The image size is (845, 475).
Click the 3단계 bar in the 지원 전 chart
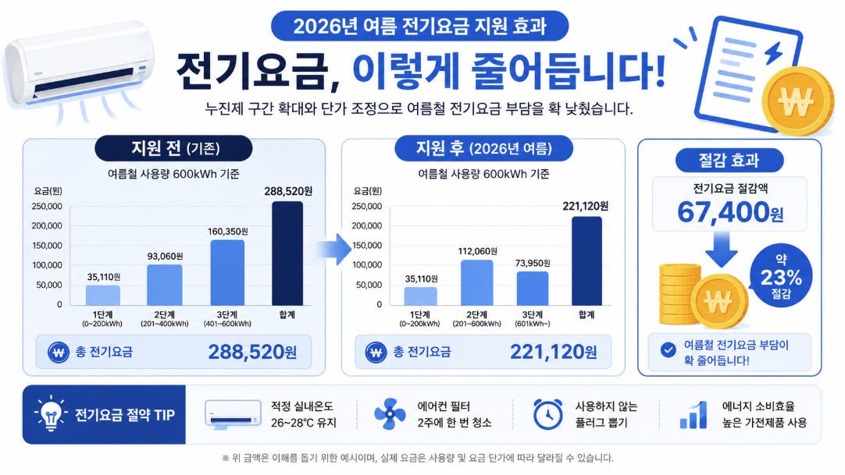pos(227,273)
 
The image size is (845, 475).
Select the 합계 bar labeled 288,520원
pos(287,253)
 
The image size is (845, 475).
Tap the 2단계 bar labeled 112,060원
pos(477,283)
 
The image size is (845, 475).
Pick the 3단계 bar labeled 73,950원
pos(533,289)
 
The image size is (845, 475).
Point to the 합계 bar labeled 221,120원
pos(587,261)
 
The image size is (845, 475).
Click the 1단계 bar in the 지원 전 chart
pos(103,296)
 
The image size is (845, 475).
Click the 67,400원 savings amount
pos(729,212)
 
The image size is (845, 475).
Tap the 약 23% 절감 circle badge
pos(781,276)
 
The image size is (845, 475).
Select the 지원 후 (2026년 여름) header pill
pos(483,148)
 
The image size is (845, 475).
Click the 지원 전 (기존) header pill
pos(173,148)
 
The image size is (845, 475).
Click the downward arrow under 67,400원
pos(722,250)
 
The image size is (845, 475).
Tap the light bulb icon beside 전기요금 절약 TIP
pos(51,414)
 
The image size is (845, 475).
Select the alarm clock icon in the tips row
pos(547,414)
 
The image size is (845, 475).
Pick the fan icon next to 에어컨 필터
pos(390,414)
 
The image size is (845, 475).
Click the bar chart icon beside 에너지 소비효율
pos(693,415)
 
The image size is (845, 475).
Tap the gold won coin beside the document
pos(797,101)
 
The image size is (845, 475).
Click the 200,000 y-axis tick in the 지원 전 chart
pos(47,226)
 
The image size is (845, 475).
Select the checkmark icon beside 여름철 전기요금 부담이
pos(669,350)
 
